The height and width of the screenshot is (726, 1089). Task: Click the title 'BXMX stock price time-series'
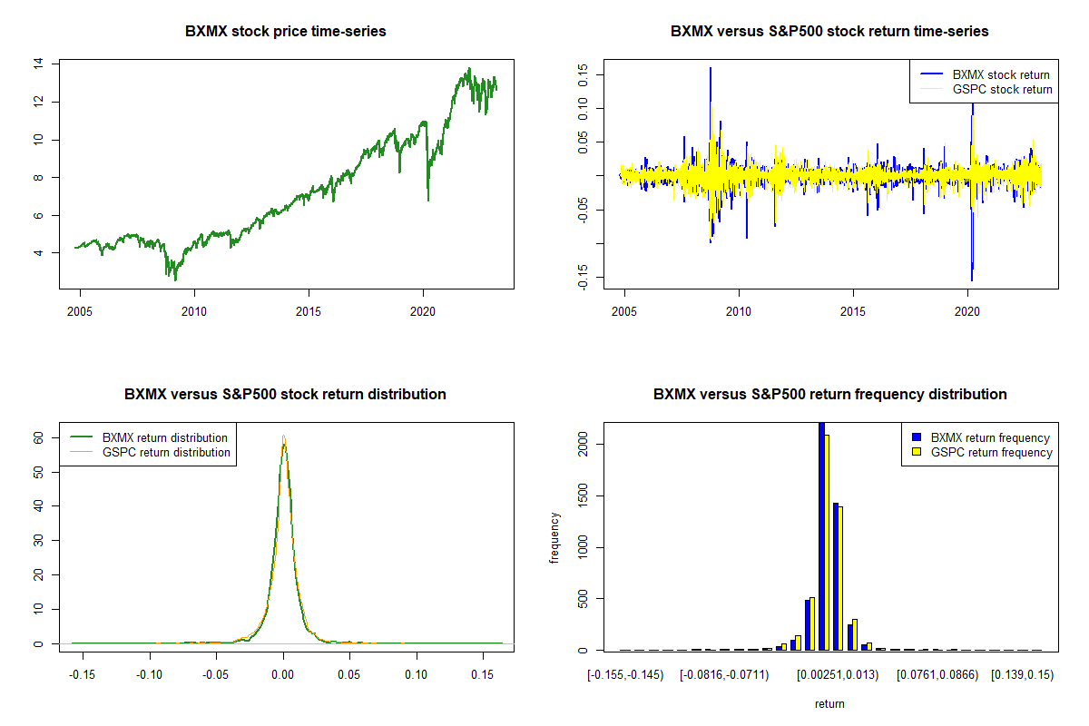tap(286, 32)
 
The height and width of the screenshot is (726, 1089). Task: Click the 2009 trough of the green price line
tap(175, 280)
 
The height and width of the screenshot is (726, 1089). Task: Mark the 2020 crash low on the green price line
tap(427, 200)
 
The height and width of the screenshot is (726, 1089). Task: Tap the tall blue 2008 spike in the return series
tap(710, 69)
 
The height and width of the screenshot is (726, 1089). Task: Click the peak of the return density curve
tap(283, 437)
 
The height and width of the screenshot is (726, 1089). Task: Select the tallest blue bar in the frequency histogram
tap(821, 535)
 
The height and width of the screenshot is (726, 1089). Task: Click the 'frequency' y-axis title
tap(555, 538)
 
